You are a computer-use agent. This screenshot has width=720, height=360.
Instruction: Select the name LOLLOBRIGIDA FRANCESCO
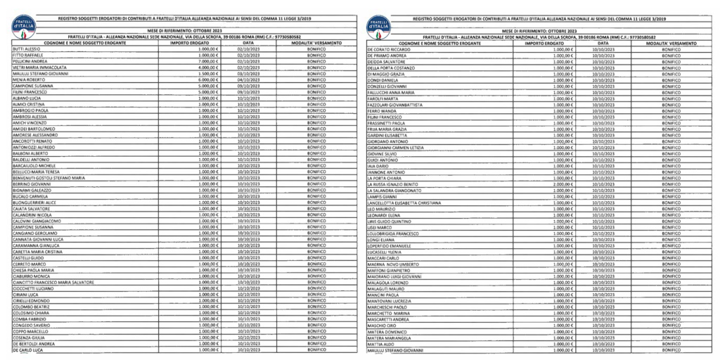coord(399,233)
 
